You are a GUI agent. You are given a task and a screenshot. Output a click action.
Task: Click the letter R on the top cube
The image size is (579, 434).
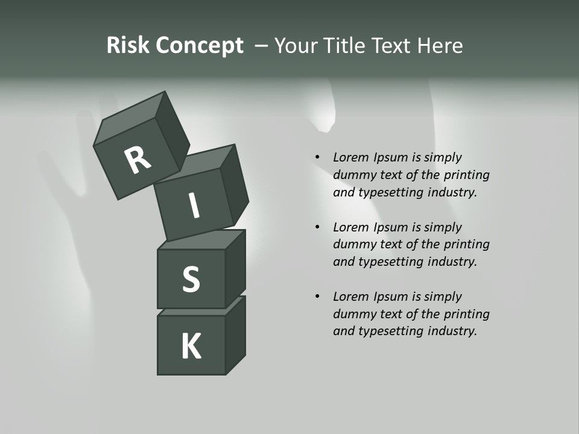point(138,160)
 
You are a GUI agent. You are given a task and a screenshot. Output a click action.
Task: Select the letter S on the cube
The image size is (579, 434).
point(191,279)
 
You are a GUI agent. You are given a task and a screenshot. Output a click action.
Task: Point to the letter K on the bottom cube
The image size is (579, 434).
point(191,347)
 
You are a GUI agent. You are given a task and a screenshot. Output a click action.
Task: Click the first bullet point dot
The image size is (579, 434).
point(317,158)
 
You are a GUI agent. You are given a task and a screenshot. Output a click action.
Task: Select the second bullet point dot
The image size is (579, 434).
point(317,227)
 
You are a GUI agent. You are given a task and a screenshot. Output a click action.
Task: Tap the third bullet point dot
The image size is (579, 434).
point(317,297)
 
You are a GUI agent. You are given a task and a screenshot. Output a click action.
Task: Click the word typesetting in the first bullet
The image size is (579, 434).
point(391,193)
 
